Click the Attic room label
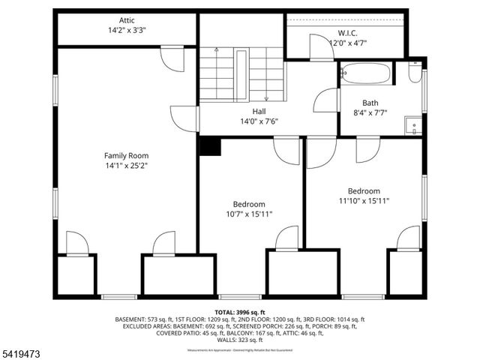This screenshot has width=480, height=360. coord(126,21)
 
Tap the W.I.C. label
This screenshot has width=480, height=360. coord(346,33)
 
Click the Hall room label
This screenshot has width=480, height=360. coord(259,111)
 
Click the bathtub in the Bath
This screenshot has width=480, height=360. coord(365,73)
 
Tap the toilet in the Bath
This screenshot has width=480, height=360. coord(415,73)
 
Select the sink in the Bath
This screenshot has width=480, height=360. coord(412,125)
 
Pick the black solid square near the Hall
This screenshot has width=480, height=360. coord(210,145)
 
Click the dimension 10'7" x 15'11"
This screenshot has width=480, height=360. coord(248,214)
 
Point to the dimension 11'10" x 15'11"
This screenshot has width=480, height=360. coord(364,201)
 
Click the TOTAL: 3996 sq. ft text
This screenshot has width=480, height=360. coord(240,311)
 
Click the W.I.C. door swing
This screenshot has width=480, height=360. coord(321,47)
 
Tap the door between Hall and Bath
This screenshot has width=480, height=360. coord(328,100)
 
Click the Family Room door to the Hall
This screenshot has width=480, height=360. coord(184,118)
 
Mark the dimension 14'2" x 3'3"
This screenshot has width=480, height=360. coord(126,31)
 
